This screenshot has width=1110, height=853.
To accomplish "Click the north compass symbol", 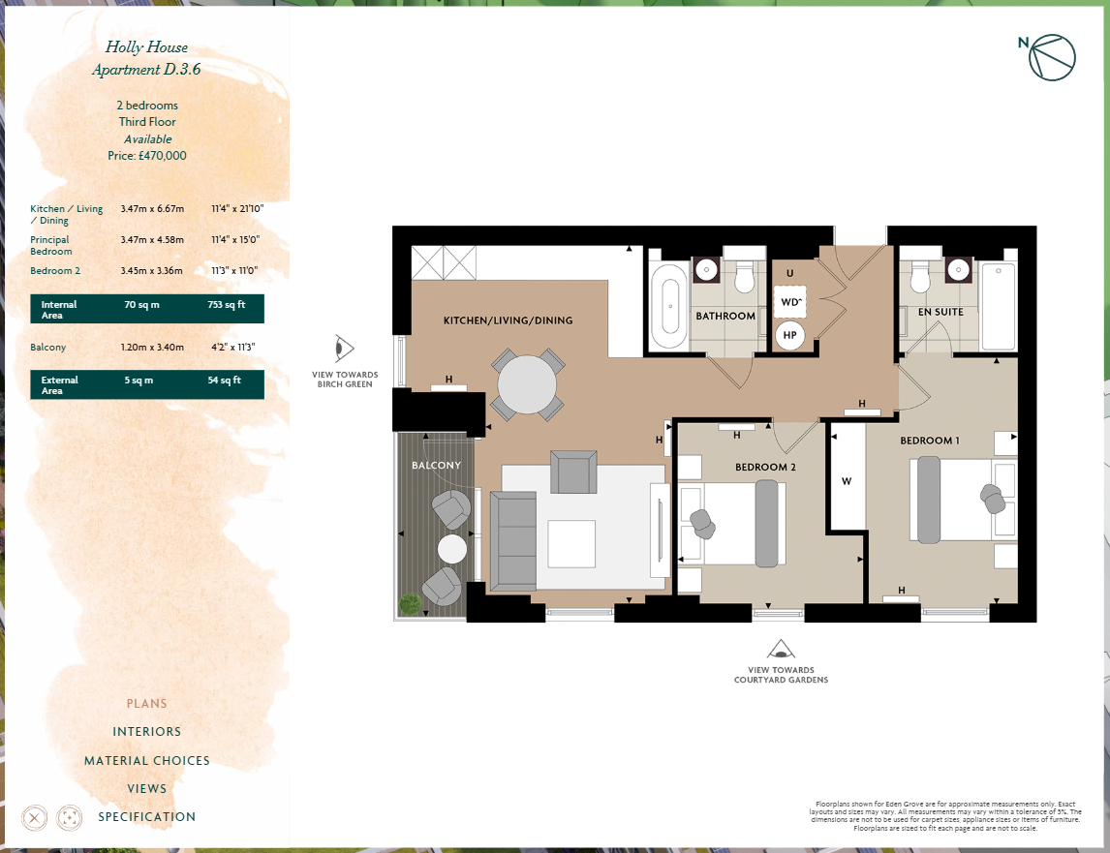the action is [x=1051, y=57].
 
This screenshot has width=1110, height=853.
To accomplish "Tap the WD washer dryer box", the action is [x=790, y=302].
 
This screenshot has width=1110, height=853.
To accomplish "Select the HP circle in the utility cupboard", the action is [x=790, y=336].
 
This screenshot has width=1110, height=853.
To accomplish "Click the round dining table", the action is [x=527, y=384].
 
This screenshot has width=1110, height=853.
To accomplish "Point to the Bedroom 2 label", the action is [x=765, y=468].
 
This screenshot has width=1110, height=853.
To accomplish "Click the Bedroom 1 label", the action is [x=930, y=441].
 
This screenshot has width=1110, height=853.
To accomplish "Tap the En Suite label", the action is [x=940, y=312].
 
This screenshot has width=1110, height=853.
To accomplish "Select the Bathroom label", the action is [x=725, y=316].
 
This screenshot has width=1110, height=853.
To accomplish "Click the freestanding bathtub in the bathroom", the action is [x=669, y=306].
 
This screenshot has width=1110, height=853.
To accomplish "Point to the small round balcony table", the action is [x=451, y=549].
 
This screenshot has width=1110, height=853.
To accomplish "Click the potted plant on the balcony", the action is [x=410, y=604].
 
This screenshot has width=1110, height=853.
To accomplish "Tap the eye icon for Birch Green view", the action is [x=344, y=349].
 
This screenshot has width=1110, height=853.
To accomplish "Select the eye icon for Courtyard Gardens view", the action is [x=781, y=649].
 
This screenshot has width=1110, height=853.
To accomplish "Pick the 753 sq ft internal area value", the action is [x=227, y=304].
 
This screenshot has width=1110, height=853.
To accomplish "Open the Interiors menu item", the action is [x=146, y=731].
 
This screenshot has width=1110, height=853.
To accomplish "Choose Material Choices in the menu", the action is [x=146, y=760].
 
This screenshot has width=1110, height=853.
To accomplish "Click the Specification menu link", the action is [x=146, y=816].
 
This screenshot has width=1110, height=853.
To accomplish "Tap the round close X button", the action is [x=34, y=818].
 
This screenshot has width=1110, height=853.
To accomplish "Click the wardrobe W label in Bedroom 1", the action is [x=847, y=481].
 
